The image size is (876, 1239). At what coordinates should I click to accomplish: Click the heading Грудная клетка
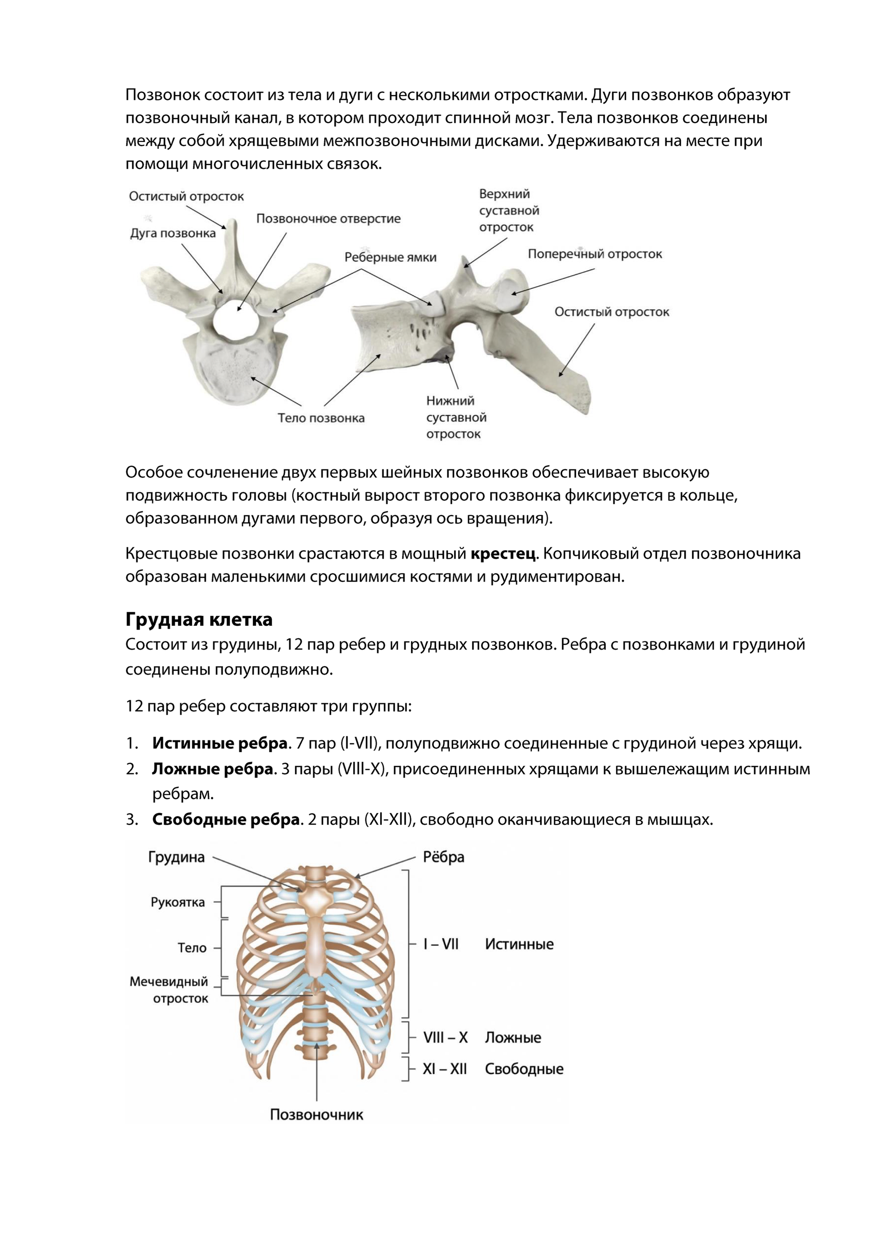pyautogui.click(x=198, y=619)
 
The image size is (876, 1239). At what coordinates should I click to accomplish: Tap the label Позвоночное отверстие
pyautogui.click(x=328, y=219)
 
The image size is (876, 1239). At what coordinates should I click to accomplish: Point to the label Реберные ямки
pyautogui.click(x=390, y=257)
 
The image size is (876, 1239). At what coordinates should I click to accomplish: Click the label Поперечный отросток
pyautogui.click(x=594, y=254)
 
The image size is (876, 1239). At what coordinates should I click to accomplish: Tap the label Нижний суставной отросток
pyautogui.click(x=456, y=417)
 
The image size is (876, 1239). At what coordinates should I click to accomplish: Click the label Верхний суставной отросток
pyautogui.click(x=509, y=210)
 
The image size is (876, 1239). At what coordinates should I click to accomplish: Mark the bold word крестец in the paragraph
pyautogui.click(x=503, y=554)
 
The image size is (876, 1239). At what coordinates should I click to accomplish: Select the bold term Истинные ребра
pyautogui.click(x=219, y=743)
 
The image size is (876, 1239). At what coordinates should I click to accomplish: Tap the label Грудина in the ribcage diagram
pyautogui.click(x=177, y=857)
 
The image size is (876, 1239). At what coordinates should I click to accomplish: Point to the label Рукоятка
pyautogui.click(x=177, y=902)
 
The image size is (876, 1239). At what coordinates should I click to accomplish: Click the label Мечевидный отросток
pyautogui.click(x=169, y=990)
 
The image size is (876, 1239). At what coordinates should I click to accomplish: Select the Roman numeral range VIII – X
pyautogui.click(x=445, y=1037)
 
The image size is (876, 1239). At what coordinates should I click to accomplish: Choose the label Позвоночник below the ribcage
pyautogui.click(x=316, y=1114)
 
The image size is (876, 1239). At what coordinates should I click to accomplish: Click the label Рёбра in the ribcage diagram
pyautogui.click(x=443, y=857)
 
